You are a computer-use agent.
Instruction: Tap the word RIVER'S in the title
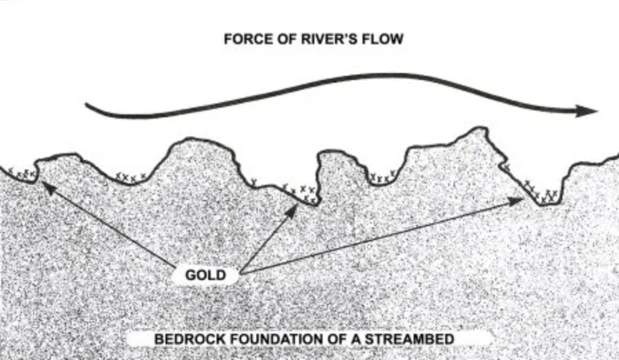[x=325, y=39]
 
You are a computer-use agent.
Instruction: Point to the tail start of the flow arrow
[x=87, y=105]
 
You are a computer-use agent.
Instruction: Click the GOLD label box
[x=205, y=275]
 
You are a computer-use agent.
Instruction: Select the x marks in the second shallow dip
[x=130, y=177]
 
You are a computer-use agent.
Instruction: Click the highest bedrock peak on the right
[x=477, y=130]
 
